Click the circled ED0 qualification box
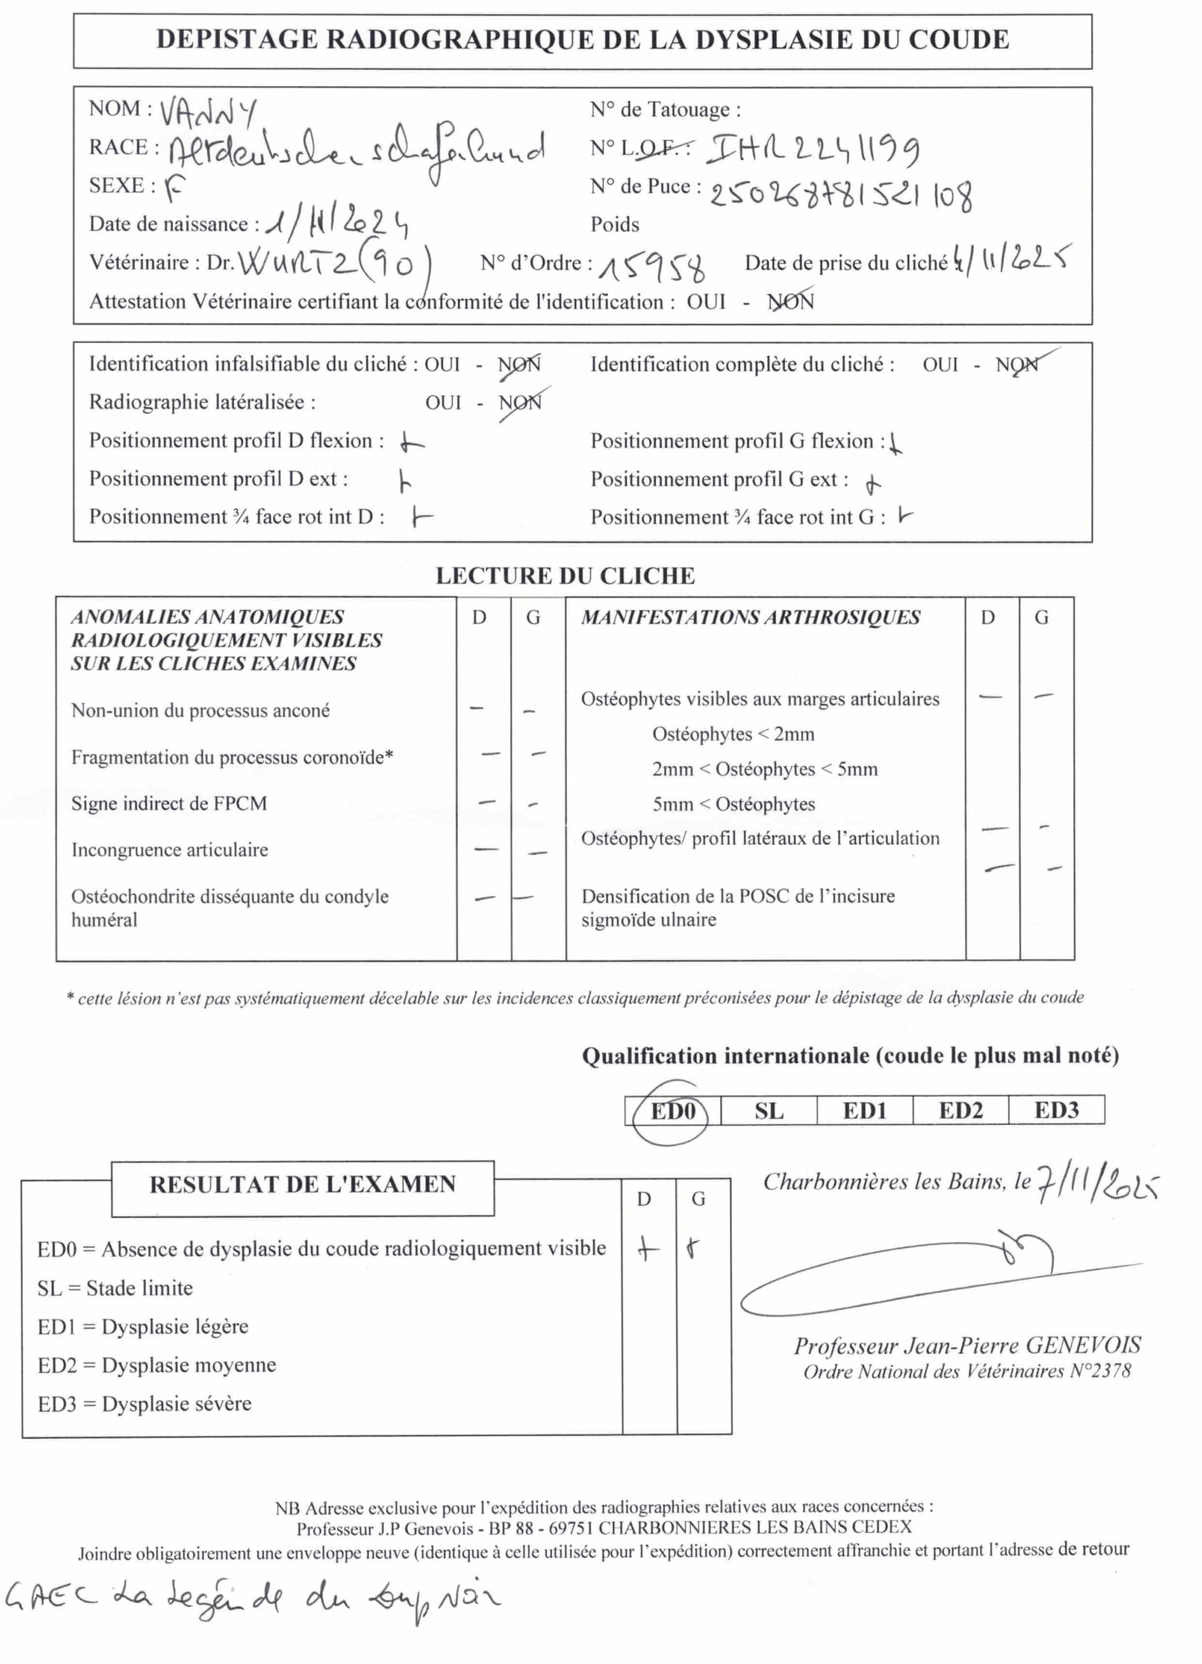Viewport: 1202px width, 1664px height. click(673, 1112)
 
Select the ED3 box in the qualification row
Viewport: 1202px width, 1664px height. click(1056, 1111)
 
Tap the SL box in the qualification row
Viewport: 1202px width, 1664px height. click(768, 1112)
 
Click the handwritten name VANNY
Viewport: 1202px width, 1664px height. click(207, 111)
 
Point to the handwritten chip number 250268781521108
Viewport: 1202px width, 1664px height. click(840, 194)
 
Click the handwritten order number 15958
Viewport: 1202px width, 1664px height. click(652, 267)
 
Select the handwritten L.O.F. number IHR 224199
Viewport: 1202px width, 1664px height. click(813, 150)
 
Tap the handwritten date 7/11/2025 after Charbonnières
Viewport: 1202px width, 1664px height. click(1096, 1182)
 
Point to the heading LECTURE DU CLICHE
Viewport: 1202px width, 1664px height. click(565, 576)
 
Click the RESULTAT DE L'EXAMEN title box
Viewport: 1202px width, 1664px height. click(302, 1185)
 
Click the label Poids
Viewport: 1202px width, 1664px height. click(615, 225)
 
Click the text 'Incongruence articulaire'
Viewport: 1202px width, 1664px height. click(170, 849)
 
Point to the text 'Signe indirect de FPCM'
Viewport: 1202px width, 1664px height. click(169, 804)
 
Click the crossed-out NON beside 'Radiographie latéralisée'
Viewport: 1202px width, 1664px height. click(521, 403)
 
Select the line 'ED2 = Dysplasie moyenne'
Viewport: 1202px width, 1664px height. click(156, 1365)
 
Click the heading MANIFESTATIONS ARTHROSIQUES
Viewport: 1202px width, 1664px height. click(750, 617)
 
